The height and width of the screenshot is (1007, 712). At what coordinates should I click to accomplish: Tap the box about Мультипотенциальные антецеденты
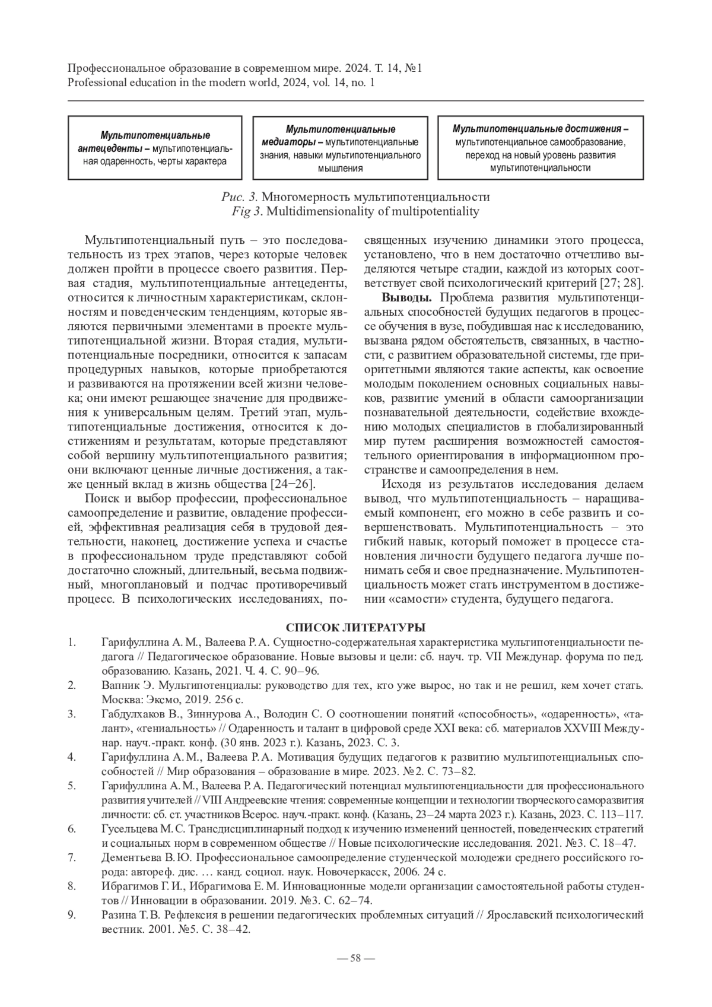click(x=155, y=148)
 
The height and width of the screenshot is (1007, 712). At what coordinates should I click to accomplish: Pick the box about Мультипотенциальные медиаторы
click(x=340, y=148)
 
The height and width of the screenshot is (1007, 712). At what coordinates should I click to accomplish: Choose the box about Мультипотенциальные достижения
click(x=540, y=148)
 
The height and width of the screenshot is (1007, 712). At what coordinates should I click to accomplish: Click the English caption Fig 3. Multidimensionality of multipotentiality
click(x=356, y=211)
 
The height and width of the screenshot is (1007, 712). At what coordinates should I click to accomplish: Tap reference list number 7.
click(x=72, y=858)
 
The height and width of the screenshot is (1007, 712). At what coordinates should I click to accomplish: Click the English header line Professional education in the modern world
click(x=221, y=83)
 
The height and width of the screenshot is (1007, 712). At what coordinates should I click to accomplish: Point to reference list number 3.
click(x=72, y=714)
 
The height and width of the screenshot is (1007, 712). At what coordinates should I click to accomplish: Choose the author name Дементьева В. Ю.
click(x=147, y=858)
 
